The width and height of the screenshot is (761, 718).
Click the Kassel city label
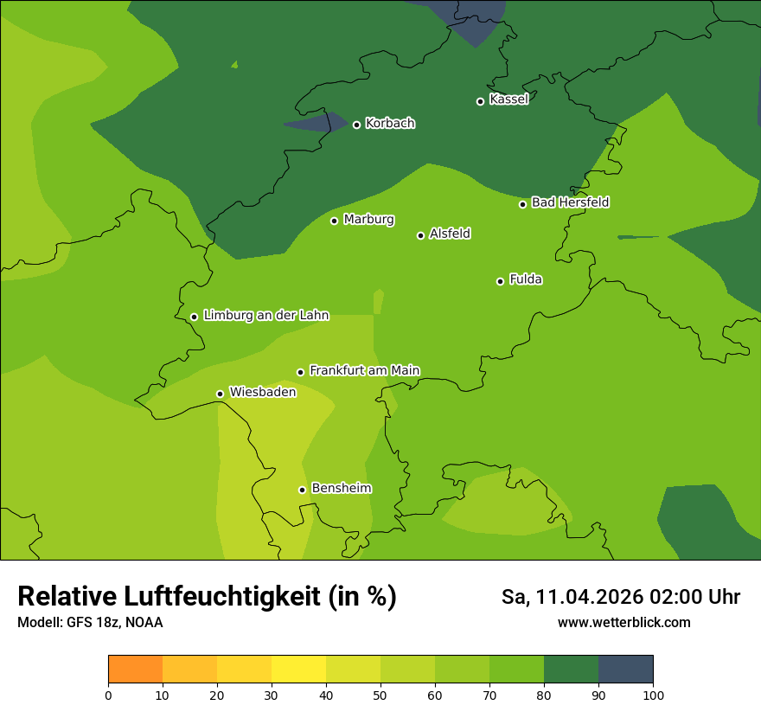508,99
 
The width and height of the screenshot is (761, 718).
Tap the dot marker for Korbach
356,125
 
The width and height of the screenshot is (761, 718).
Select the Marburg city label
368,220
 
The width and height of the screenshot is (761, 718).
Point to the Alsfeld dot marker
420,235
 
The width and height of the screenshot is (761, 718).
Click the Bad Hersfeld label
570,202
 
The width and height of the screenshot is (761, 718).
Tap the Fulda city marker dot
500,281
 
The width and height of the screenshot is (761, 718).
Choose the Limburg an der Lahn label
265,316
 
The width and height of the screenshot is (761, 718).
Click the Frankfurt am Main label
364,371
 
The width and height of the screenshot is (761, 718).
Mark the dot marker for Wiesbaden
220,394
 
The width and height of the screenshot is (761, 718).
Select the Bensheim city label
341,489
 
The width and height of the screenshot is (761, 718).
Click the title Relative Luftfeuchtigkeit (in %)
207,597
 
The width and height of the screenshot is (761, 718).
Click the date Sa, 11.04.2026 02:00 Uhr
620,597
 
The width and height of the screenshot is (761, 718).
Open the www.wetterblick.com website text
624,623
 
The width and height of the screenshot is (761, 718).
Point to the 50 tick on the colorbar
380,696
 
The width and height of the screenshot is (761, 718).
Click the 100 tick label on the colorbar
653,696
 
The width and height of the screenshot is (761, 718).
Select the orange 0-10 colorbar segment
135,670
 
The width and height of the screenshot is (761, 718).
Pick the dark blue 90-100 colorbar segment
625,670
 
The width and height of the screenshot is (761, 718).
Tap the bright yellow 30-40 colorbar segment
298,670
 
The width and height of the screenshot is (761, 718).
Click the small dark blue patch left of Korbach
310,125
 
